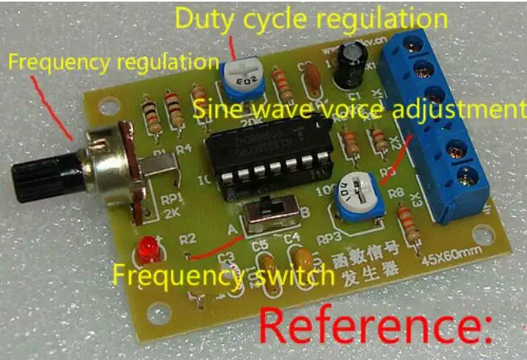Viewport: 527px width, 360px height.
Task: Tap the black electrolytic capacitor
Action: point(349,66)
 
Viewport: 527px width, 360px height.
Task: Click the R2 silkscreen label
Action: point(188,239)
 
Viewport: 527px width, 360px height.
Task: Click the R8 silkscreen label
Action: point(394,192)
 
